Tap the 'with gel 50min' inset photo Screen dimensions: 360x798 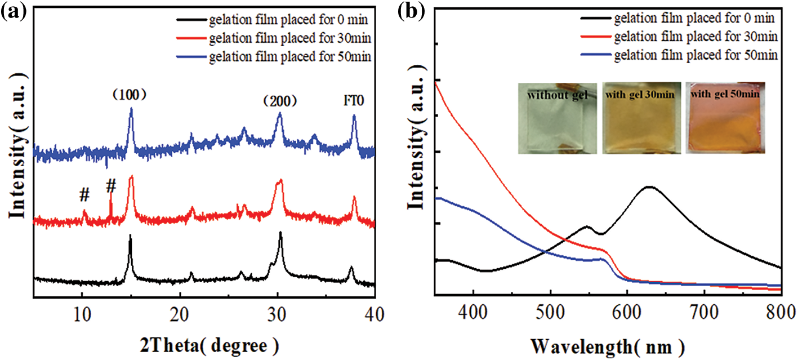pyautogui.click(x=726, y=118)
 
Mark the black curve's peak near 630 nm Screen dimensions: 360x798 pyautogui.click(x=649, y=186)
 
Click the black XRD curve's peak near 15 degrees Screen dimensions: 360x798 pyautogui.click(x=130, y=235)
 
